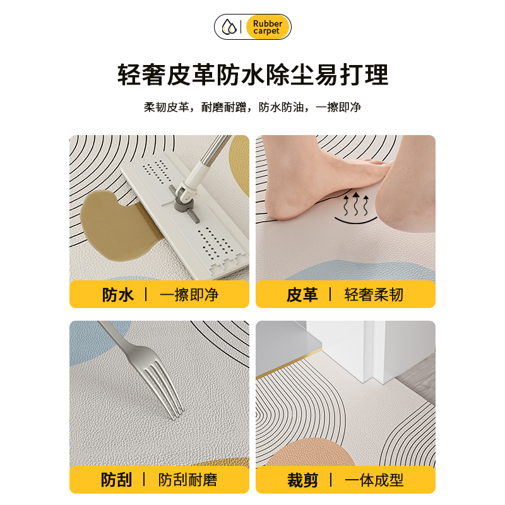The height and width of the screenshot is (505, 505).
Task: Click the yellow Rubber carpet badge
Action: point(267,27)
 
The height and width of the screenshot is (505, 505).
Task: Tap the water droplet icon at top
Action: point(229,27)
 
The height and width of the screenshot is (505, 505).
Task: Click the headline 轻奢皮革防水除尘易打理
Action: point(252,75)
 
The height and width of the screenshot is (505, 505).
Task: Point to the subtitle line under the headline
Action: point(252,107)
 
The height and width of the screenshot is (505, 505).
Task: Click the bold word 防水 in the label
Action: point(118,295)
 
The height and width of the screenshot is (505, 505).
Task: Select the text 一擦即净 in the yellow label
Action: point(188,295)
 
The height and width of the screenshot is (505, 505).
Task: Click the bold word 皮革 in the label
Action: point(302,295)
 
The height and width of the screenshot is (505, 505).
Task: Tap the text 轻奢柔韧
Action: point(374,295)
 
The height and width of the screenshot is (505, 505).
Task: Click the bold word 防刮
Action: point(117,480)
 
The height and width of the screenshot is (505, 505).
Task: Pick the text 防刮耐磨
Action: point(188,480)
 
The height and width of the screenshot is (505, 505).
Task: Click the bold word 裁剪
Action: point(302,480)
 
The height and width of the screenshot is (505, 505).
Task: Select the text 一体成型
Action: point(374,480)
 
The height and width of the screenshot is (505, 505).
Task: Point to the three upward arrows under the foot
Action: point(355,204)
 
